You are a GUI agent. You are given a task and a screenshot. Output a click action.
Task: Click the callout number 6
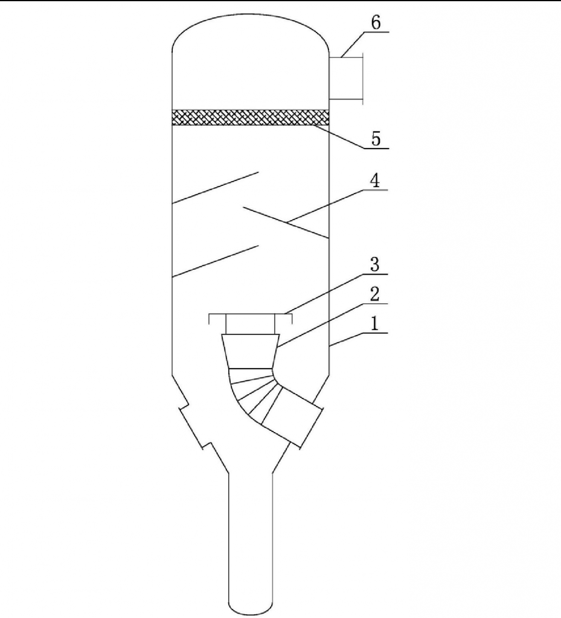coord(376,23)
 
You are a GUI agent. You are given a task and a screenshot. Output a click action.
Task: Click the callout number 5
coord(376,139)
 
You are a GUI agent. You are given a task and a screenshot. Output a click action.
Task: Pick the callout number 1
coord(374,324)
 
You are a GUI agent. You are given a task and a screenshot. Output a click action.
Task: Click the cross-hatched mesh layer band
coord(251,118)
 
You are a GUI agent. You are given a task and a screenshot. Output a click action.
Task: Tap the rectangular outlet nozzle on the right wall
coord(346,78)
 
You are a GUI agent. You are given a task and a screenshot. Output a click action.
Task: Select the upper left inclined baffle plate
coord(215,188)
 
